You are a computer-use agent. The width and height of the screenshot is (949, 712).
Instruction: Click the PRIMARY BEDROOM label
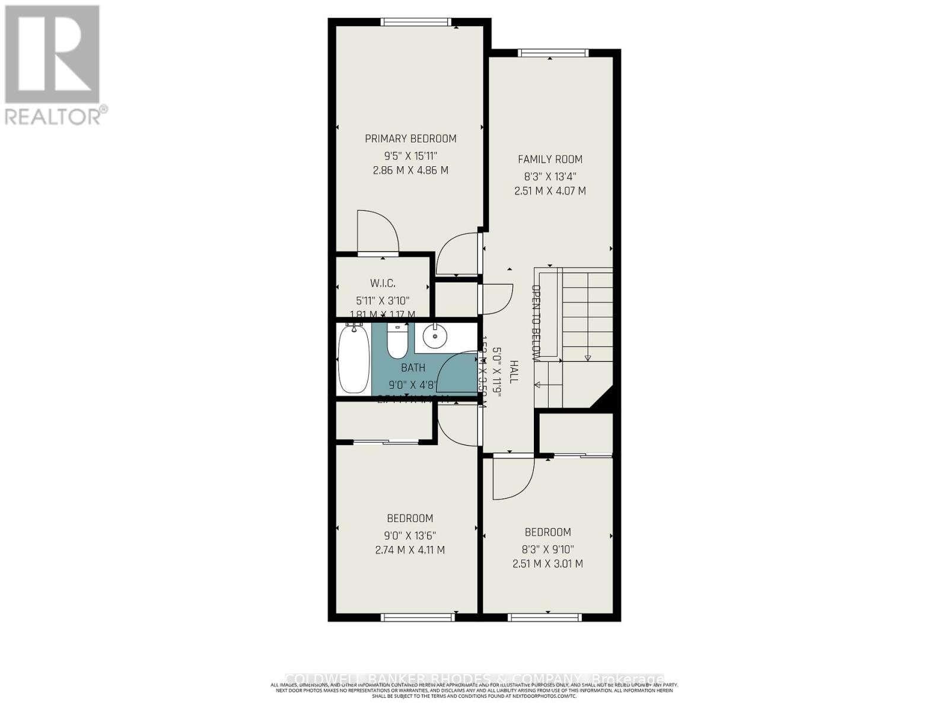coord(410,139)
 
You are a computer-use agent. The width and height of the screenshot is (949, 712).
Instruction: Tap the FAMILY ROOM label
coord(550,159)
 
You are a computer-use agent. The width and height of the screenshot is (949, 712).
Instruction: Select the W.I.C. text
coord(382,284)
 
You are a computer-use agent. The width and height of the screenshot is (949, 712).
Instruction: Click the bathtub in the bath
coord(354,360)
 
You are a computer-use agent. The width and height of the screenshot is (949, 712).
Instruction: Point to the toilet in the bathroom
coord(397,342)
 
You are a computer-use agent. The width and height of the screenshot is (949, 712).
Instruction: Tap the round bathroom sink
coord(435,338)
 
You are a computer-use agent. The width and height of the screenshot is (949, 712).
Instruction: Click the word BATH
coord(413,368)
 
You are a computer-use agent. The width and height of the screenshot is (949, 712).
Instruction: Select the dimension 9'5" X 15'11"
coord(410,156)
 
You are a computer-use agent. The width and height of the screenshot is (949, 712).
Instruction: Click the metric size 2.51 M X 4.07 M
coord(550,191)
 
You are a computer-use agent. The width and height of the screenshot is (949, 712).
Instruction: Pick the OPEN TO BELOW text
coord(536,323)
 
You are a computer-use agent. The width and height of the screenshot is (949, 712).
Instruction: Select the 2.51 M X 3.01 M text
coord(547,564)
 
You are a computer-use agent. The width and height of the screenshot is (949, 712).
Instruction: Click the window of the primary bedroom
coord(415,23)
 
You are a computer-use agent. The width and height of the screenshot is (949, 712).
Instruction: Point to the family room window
coord(553,53)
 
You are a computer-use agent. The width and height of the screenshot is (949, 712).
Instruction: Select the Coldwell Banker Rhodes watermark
coord(474,679)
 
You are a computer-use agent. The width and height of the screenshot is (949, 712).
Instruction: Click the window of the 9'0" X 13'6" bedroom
coord(418,618)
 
